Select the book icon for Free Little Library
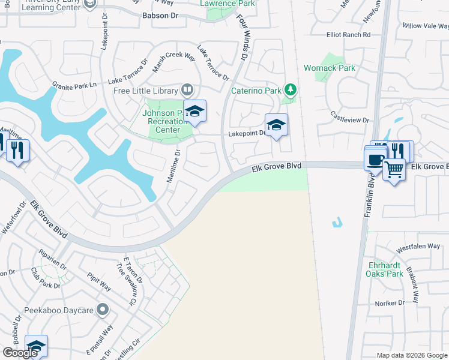coord(187,91)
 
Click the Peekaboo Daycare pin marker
coord(103,310)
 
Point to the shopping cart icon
coord(394,170)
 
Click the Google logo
coord(20,353)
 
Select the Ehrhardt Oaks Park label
coord(385,269)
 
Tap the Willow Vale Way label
coord(425,26)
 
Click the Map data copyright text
coord(411,355)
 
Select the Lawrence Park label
coord(228,4)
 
